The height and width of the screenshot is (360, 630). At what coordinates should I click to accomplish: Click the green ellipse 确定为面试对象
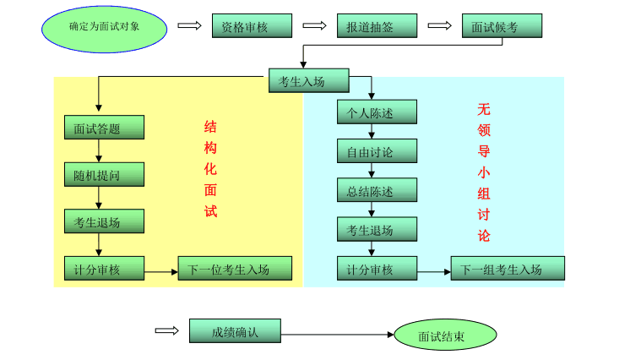pyautogui.click(x=104, y=28)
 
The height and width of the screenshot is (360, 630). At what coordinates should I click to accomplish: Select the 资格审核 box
pyautogui.click(x=252, y=26)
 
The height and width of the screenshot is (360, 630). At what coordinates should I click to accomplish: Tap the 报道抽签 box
pyautogui.click(x=377, y=26)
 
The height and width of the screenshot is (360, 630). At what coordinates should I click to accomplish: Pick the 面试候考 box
pyautogui.click(x=502, y=26)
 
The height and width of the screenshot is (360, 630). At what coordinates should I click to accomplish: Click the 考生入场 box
pyautogui.click(x=308, y=80)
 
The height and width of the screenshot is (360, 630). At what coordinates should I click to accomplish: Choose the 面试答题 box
pyautogui.click(x=104, y=128)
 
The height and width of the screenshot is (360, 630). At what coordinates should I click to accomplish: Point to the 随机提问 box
pyautogui.click(x=104, y=175)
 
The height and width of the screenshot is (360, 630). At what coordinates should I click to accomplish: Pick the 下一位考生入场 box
pyautogui.click(x=235, y=269)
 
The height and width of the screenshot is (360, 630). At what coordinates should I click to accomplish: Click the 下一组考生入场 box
pyautogui.click(x=508, y=269)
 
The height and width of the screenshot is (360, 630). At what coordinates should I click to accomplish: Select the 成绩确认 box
pyautogui.click(x=235, y=331)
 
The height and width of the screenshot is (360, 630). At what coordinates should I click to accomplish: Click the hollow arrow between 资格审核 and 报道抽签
pyautogui.click(x=314, y=25)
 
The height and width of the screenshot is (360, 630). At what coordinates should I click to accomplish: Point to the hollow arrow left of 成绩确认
pyautogui.click(x=167, y=330)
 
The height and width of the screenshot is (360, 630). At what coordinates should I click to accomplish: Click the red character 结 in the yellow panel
pyautogui.click(x=210, y=127)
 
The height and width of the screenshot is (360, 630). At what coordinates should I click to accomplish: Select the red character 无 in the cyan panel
pyautogui.click(x=484, y=109)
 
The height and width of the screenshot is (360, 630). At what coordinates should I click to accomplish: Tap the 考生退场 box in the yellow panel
pyautogui.click(x=104, y=221)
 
